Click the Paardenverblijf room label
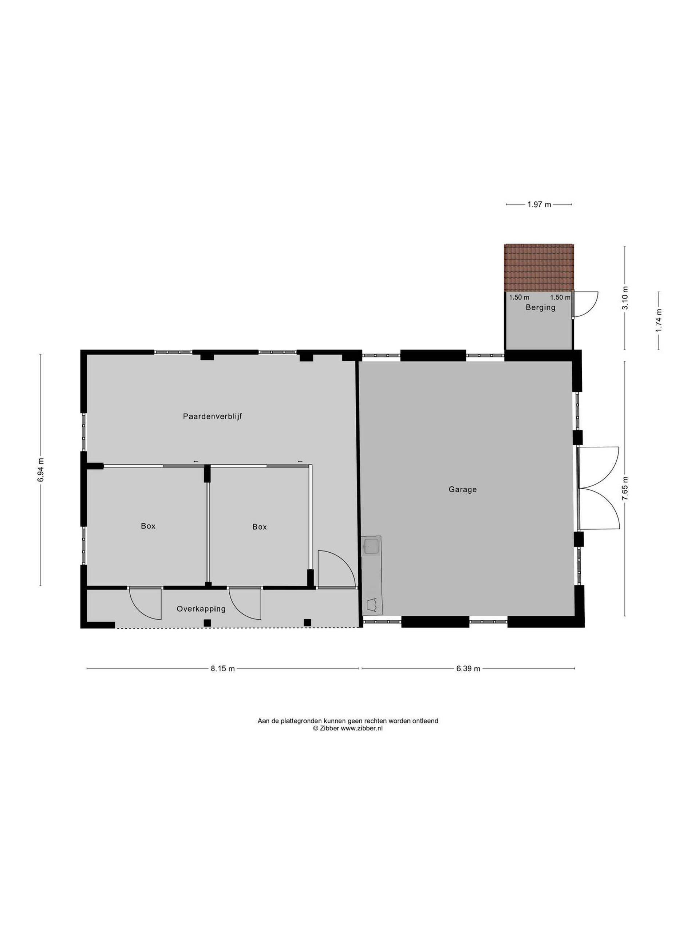(x=212, y=416)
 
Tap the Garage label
(x=463, y=489)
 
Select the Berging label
(x=540, y=308)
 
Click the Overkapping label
(x=201, y=609)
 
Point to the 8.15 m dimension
(x=223, y=669)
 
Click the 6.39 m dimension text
(x=468, y=669)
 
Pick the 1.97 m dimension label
(x=539, y=205)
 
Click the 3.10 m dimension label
(x=625, y=298)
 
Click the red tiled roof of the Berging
(x=539, y=267)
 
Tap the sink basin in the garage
(x=372, y=546)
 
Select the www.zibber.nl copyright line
(x=348, y=728)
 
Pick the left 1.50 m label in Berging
(x=519, y=297)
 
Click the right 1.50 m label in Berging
(x=560, y=297)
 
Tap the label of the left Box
(x=148, y=526)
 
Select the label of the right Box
(x=260, y=527)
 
